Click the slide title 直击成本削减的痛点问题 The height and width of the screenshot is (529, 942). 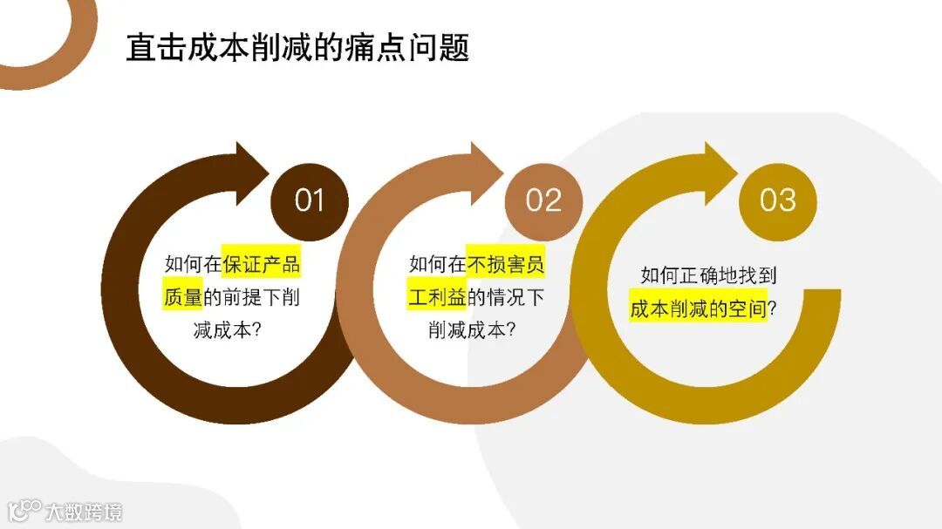tap(297, 48)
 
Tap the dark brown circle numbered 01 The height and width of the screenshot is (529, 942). tap(309, 200)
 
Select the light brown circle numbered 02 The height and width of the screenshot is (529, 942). tap(543, 200)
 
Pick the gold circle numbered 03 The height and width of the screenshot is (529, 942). tap(777, 200)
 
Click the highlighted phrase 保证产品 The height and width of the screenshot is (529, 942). tap(261, 262)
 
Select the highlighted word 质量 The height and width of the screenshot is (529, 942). tap(182, 296)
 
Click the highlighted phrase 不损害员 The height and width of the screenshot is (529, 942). tap(506, 262)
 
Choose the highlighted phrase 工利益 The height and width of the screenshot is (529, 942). tap(437, 296)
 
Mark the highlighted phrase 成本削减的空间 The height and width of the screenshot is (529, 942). tap(698, 309)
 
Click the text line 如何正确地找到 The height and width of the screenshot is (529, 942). tap(708, 275)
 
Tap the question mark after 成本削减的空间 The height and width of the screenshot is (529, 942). tap(772, 309)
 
